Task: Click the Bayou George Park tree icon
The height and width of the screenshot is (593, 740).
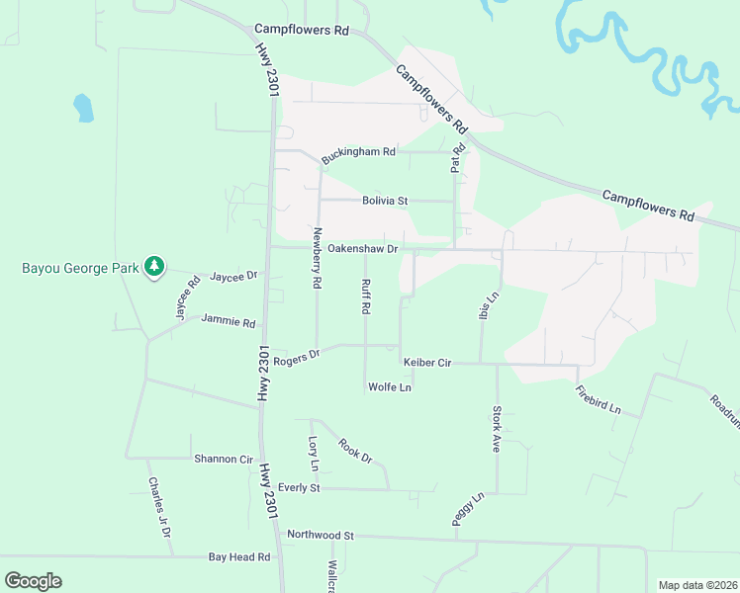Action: (x=153, y=266)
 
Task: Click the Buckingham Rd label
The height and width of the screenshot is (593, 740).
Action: (x=358, y=154)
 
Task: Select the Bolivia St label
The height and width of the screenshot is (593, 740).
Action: (x=385, y=201)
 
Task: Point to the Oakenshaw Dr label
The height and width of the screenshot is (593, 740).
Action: (x=362, y=249)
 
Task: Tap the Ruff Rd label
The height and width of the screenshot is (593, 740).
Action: (x=365, y=295)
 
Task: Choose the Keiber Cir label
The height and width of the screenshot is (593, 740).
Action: (x=425, y=364)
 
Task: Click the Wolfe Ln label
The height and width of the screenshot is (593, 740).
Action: (x=389, y=386)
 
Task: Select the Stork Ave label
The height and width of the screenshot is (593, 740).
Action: (x=497, y=428)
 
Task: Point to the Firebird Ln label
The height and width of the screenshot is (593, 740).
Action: (x=600, y=399)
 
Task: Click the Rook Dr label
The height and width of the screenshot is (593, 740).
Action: (x=354, y=451)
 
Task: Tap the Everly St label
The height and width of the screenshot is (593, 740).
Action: (x=299, y=487)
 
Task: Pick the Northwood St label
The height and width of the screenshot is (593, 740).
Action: (x=321, y=535)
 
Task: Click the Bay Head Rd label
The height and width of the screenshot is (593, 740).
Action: (x=239, y=557)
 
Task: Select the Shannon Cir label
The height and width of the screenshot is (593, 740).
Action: (x=224, y=459)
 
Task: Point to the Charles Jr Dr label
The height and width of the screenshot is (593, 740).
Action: (x=159, y=508)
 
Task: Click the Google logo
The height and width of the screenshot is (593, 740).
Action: (x=33, y=581)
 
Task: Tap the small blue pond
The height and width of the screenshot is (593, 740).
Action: (x=83, y=107)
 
